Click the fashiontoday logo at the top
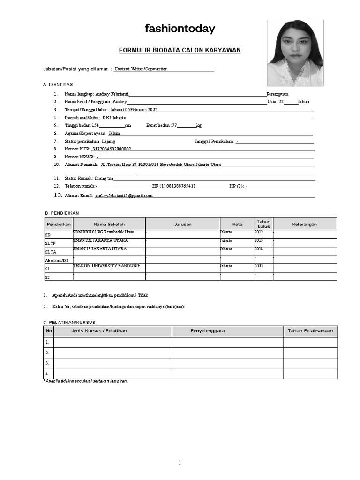click(x=180, y=29)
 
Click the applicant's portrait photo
click(x=295, y=53)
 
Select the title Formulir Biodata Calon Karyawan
click(x=180, y=50)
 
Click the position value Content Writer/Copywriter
click(x=141, y=69)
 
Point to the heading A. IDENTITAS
click(x=58, y=84)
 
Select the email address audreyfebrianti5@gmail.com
click(x=124, y=195)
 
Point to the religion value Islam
click(x=114, y=133)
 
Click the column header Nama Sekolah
click(x=109, y=224)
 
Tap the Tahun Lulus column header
click(x=264, y=224)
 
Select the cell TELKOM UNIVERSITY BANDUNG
click(x=106, y=266)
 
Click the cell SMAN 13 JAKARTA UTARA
click(x=100, y=249)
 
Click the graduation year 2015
click(x=259, y=240)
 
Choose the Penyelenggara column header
click(x=208, y=331)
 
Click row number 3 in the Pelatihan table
click(x=47, y=363)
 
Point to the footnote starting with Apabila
click(x=85, y=381)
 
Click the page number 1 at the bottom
click(x=180, y=463)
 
